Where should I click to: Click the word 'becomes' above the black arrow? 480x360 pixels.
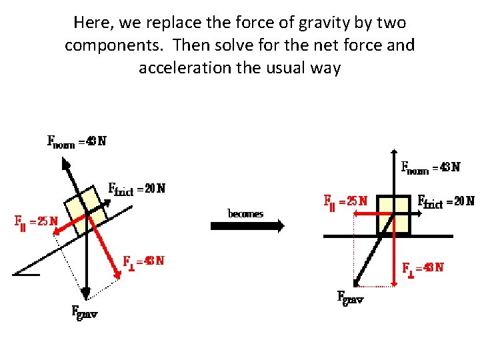(246, 214)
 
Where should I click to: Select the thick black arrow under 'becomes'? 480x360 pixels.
(247, 226)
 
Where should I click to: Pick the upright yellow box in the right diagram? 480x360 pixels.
(393, 214)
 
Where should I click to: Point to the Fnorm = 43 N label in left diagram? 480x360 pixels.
(76, 141)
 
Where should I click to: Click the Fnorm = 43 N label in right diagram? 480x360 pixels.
(429, 167)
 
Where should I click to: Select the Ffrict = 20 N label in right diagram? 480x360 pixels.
(445, 201)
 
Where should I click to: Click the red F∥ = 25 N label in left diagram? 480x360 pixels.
(37, 221)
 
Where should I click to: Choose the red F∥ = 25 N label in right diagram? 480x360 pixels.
(345, 200)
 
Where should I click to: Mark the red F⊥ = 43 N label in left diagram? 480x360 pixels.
(143, 261)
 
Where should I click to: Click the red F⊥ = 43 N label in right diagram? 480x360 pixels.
(423, 268)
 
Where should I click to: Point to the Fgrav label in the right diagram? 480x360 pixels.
(350, 297)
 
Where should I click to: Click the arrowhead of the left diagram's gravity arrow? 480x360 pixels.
(87, 293)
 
